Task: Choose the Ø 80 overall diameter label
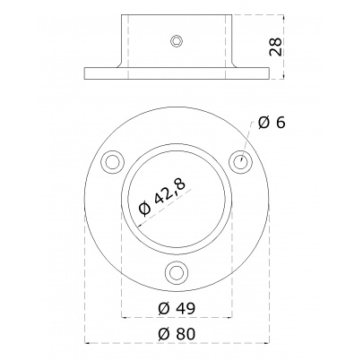[177, 333]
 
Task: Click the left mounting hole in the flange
[113, 161]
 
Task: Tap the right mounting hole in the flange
[241, 160]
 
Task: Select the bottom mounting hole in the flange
[177, 272]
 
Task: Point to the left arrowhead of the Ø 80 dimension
[87, 342]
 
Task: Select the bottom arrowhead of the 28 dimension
[282, 78]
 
